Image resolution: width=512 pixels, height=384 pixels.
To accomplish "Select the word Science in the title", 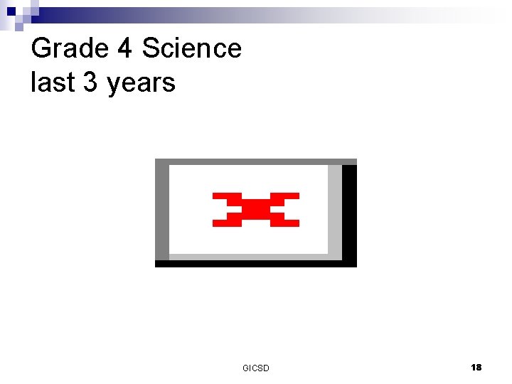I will [192, 48].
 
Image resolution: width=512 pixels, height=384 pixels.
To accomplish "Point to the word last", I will [53, 82].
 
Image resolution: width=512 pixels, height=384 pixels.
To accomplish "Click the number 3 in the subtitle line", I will [90, 82].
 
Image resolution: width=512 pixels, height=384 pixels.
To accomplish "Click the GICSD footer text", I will [256, 368].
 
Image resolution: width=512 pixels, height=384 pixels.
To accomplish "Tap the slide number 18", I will [476, 367].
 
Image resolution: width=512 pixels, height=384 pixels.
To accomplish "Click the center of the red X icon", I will [256, 209].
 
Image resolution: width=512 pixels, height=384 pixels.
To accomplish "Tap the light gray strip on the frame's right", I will [335, 210].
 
